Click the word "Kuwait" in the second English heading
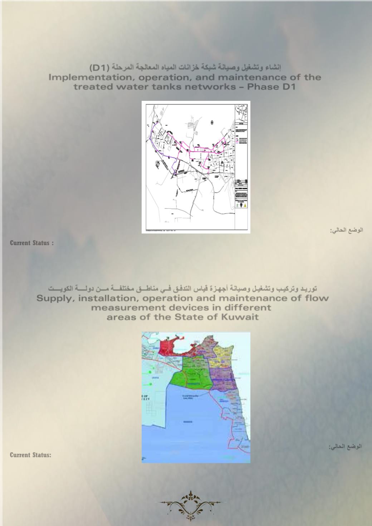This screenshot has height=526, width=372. pos(240,317)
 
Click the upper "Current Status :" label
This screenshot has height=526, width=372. pos(32,243)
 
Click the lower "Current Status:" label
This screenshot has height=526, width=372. pos(30,455)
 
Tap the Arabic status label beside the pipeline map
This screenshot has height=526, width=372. pos(346,230)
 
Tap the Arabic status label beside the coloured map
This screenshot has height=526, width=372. pos(345,447)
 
